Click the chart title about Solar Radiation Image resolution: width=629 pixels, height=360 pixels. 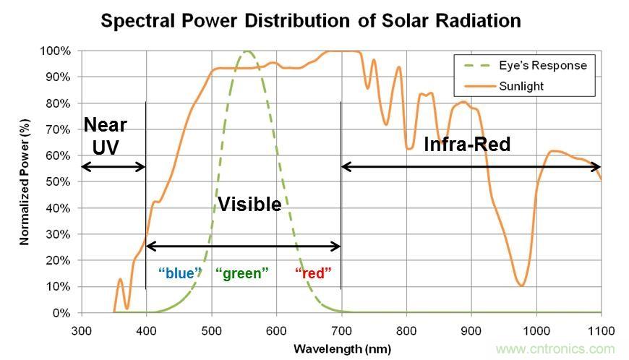(x=311, y=20)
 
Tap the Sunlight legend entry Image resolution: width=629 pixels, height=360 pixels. (x=521, y=86)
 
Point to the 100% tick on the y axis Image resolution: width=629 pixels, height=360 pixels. (x=56, y=51)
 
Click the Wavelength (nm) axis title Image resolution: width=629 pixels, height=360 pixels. (x=341, y=348)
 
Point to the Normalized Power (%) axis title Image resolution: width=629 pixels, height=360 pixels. (x=25, y=181)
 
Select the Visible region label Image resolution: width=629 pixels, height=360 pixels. (x=249, y=205)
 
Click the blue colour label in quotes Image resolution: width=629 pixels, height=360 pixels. (x=180, y=273)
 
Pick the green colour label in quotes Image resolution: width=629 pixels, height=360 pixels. (x=242, y=273)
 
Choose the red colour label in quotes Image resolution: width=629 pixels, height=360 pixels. (x=314, y=273)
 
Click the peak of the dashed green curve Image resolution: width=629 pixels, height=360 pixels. (x=247, y=51)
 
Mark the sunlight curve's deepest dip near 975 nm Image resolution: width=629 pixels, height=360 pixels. (x=521, y=286)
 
